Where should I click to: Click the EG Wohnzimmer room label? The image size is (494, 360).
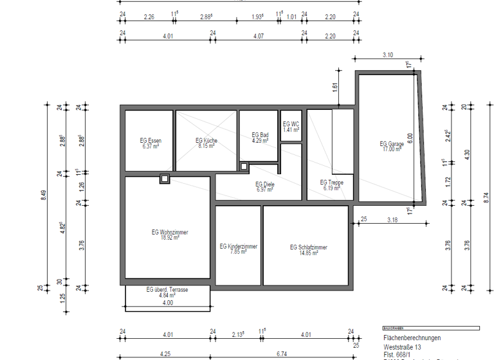170,232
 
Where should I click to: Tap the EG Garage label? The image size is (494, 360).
391,143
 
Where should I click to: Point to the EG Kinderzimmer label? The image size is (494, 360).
238,246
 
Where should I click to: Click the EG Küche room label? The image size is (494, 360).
206,140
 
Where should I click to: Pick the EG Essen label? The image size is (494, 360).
151,140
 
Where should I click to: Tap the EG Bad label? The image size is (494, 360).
259,134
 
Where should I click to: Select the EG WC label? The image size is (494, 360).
291,124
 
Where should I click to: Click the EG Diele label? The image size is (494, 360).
265,184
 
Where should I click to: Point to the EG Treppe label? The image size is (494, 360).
331,183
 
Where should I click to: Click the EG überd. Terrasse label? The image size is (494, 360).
167,290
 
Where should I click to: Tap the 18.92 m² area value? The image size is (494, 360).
170,238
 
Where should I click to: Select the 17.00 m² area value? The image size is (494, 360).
391,149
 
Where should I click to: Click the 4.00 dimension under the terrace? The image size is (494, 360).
167,303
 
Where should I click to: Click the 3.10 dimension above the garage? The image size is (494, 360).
387,55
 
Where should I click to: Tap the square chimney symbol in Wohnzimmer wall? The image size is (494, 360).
165,179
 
